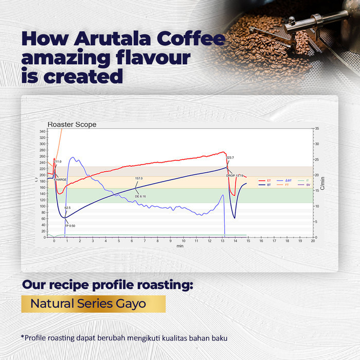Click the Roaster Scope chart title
pyautogui.click(x=72, y=124)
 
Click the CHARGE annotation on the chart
pyautogui.click(x=60, y=179)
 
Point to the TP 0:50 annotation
pyautogui.click(x=70, y=226)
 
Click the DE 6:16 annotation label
pyautogui.click(x=140, y=196)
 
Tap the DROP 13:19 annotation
pyautogui.click(x=234, y=175)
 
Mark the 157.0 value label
pyautogui.click(x=139, y=178)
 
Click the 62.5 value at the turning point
pyautogui.click(x=67, y=208)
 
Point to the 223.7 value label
pyautogui.click(x=230, y=157)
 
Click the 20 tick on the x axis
pyautogui.click(x=313, y=241)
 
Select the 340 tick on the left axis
pyautogui.click(x=42, y=132)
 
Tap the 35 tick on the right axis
pyautogui.click(x=316, y=128)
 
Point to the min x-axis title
pyautogui.click(x=180, y=246)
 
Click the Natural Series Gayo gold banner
pyautogui.click(x=93, y=303)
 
